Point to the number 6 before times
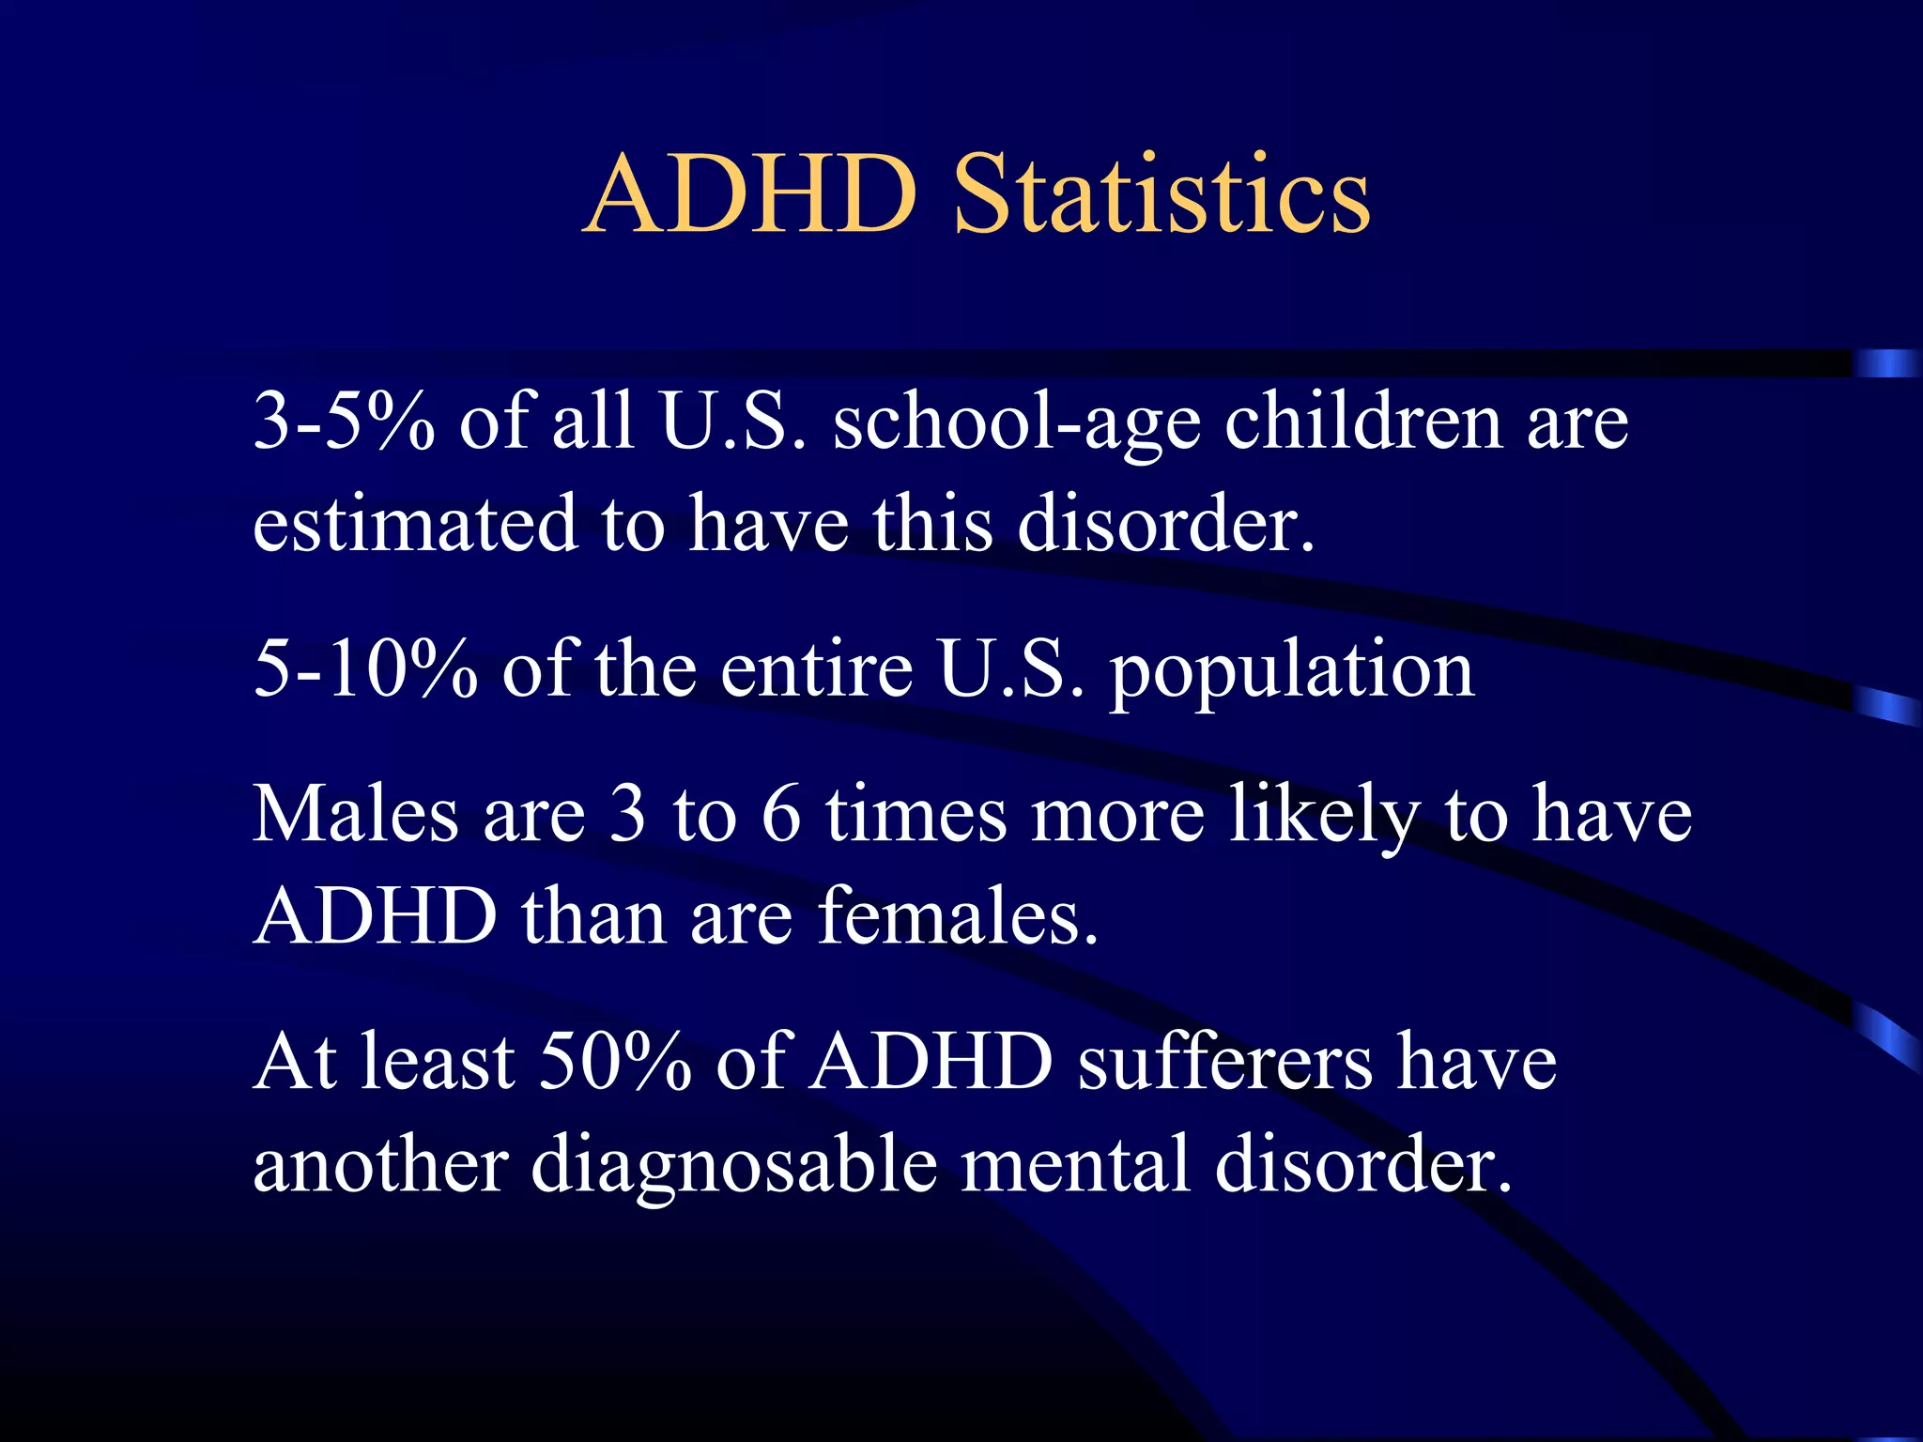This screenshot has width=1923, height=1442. [781, 814]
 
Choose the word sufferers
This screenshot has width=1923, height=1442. [1224, 1062]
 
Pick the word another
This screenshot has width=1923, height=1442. [380, 1164]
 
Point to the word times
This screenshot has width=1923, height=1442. [916, 814]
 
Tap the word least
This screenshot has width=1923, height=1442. [438, 1062]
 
